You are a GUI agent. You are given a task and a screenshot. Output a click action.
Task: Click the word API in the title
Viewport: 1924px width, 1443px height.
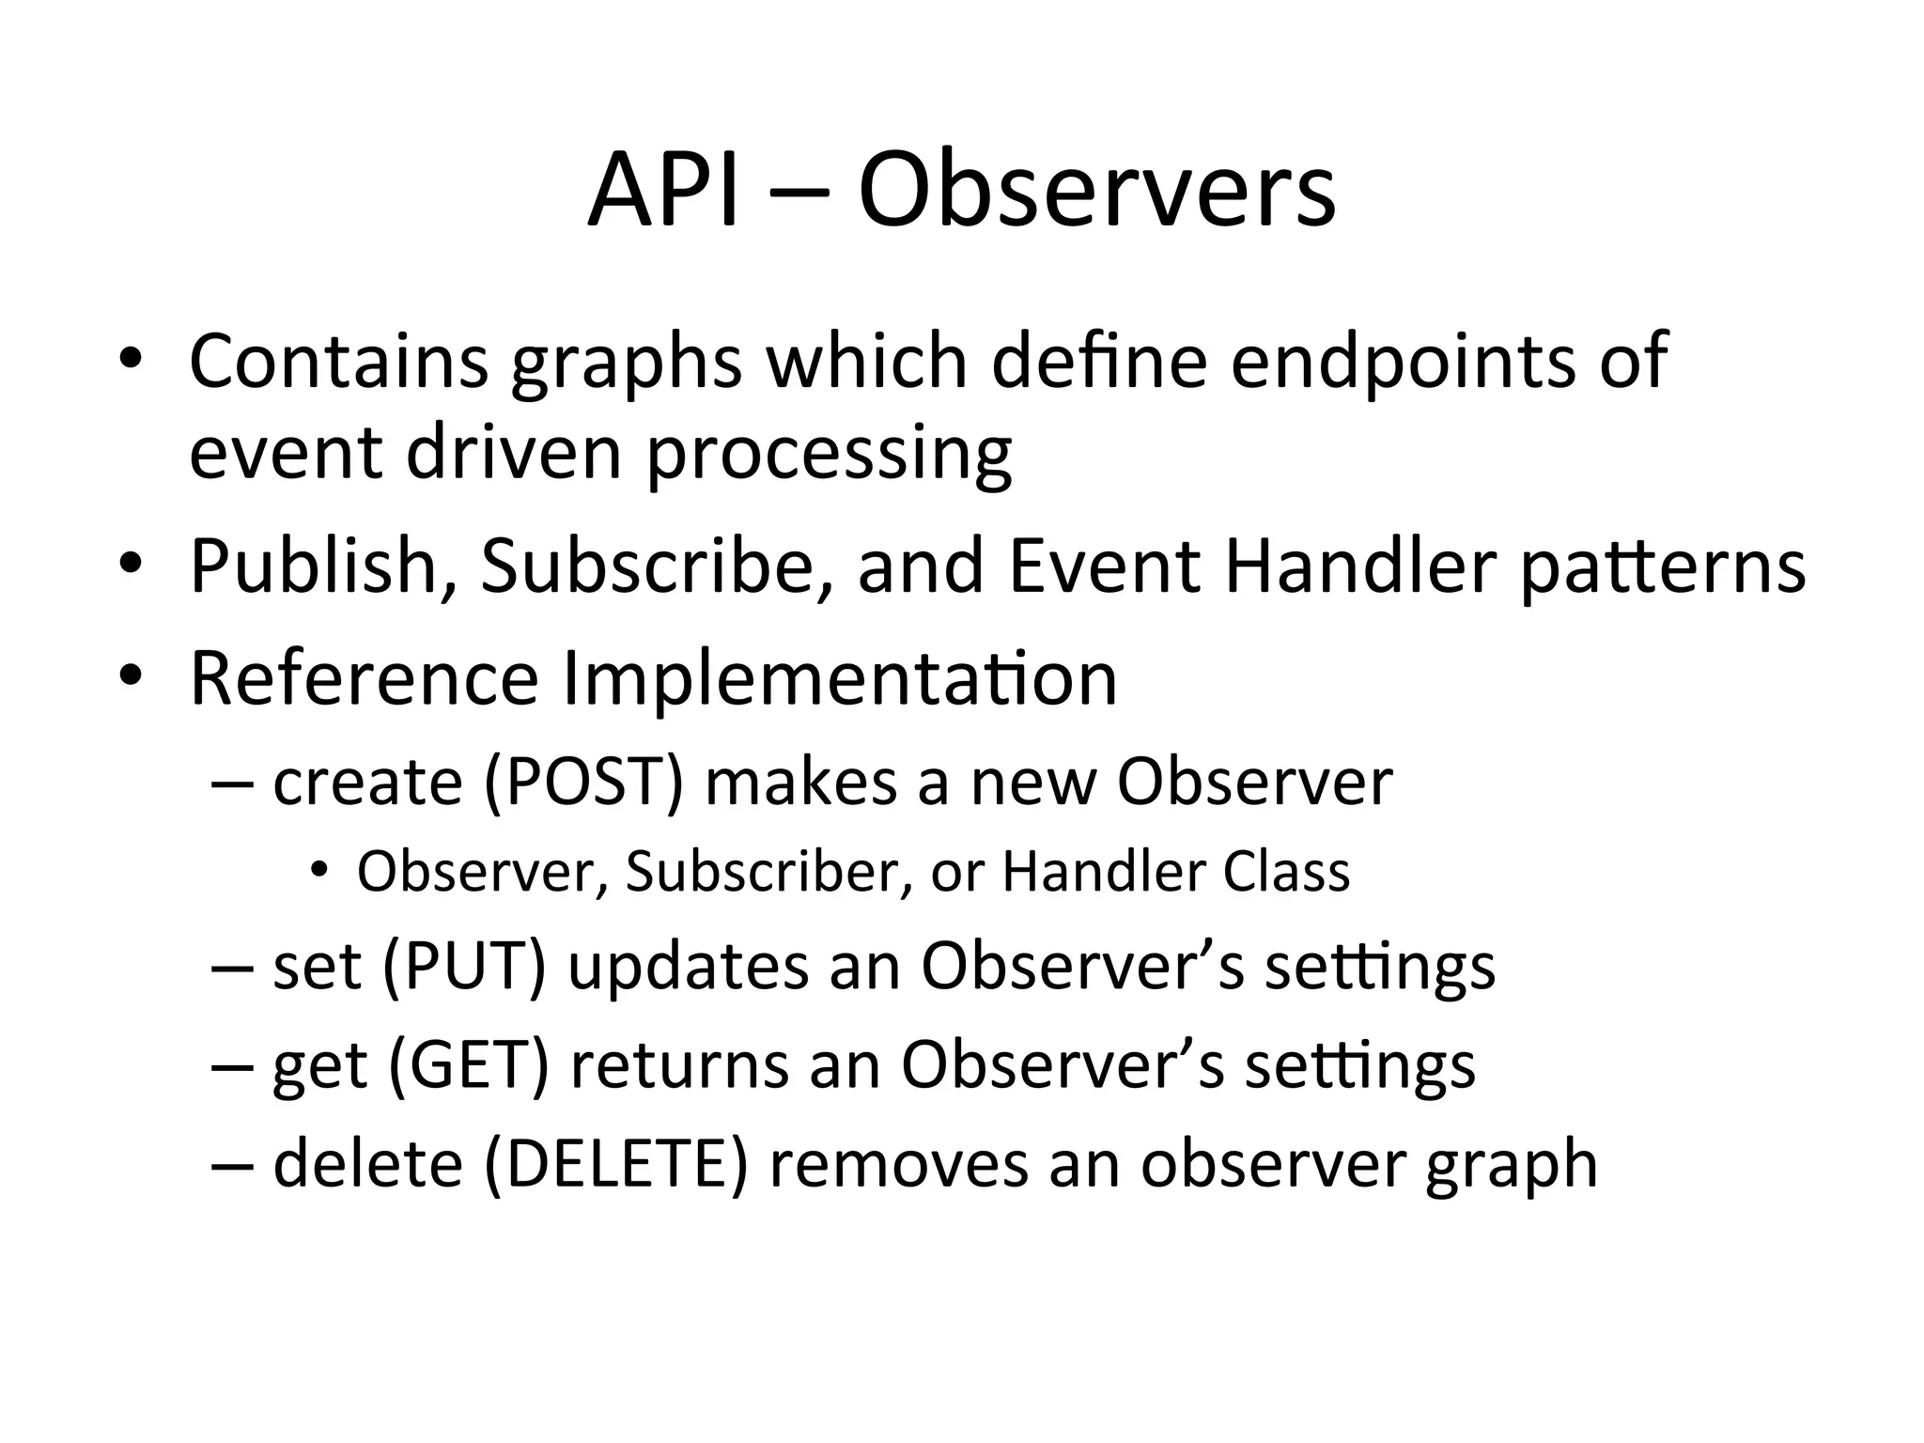pyautogui.click(x=662, y=193)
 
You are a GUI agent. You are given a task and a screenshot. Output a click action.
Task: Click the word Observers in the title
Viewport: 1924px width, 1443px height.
pyautogui.click(x=1096, y=193)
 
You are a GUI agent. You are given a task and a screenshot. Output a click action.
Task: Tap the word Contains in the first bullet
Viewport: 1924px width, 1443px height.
pyautogui.click(x=338, y=362)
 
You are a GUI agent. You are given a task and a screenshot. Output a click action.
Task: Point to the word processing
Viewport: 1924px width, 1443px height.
pyautogui.click(x=829, y=456)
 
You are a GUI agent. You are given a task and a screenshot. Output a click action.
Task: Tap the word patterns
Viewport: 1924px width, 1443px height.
pyautogui.click(x=1662, y=566)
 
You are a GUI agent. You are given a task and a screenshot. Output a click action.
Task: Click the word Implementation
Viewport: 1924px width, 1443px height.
pyautogui.click(x=840, y=678)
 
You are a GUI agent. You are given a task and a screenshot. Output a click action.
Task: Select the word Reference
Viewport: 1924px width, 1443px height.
pyautogui.click(x=364, y=678)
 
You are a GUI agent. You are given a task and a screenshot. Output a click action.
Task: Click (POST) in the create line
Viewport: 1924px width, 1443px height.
pyautogui.click(x=583, y=783)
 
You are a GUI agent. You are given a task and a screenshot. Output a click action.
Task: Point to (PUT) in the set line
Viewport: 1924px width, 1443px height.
pyautogui.click(x=464, y=967)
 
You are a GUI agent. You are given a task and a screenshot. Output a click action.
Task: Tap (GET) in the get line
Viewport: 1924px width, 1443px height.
pyautogui.click(x=467, y=1065)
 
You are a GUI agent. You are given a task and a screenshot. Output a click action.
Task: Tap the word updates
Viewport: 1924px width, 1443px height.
pyautogui.click(x=689, y=967)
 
